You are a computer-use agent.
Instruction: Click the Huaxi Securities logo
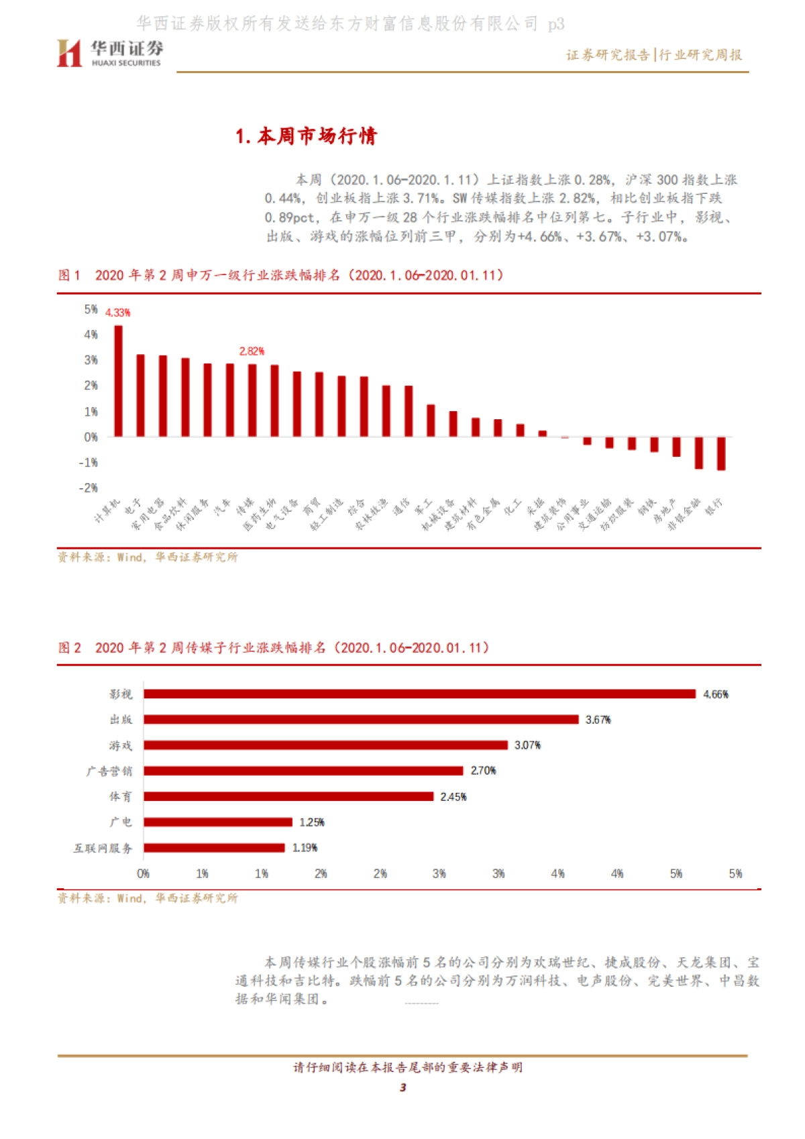(x=109, y=53)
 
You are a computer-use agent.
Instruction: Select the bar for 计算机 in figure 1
(x=118, y=381)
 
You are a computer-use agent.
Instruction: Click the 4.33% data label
(x=118, y=313)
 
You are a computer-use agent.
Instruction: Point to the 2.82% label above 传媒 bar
(x=252, y=351)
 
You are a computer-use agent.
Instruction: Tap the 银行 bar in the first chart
(x=721, y=453)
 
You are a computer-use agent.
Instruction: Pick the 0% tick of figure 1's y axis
(x=91, y=437)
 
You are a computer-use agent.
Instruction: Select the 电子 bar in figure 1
(x=140, y=395)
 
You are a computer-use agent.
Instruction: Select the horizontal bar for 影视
(x=419, y=694)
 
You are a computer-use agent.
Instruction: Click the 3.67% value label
(x=598, y=720)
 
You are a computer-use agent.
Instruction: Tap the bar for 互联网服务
(x=214, y=848)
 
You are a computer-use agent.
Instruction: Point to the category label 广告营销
(x=109, y=771)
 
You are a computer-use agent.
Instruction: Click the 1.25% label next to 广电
(x=311, y=822)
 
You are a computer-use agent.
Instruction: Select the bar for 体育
(x=288, y=796)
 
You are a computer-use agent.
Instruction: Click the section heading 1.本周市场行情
(x=306, y=136)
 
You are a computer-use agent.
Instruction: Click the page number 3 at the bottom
(x=402, y=1087)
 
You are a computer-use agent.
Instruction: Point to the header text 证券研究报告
(x=607, y=55)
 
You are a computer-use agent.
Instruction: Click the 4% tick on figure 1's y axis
(x=91, y=334)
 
